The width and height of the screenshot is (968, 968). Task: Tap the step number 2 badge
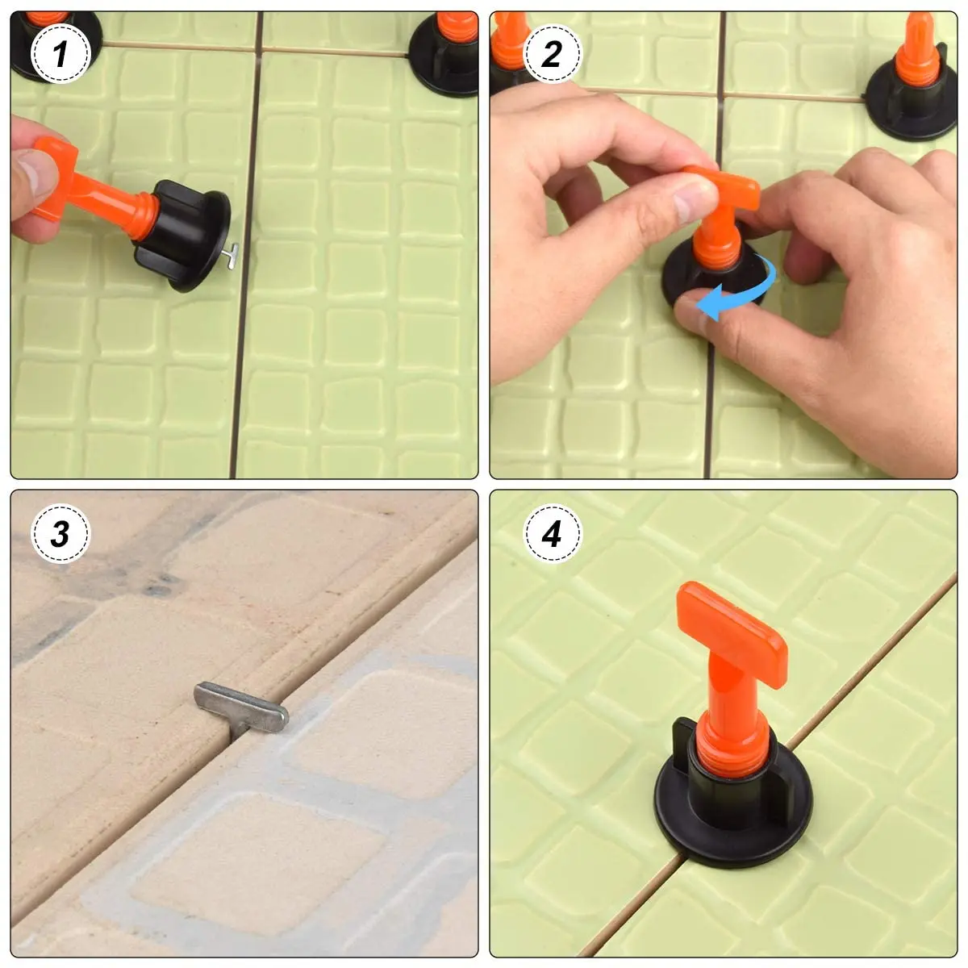pos(552,54)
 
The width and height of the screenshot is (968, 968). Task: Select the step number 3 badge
pos(60,533)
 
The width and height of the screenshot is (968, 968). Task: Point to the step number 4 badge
pos(552,533)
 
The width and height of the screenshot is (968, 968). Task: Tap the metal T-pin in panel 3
pos(241,704)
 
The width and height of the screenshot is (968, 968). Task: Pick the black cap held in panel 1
pos(186,234)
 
